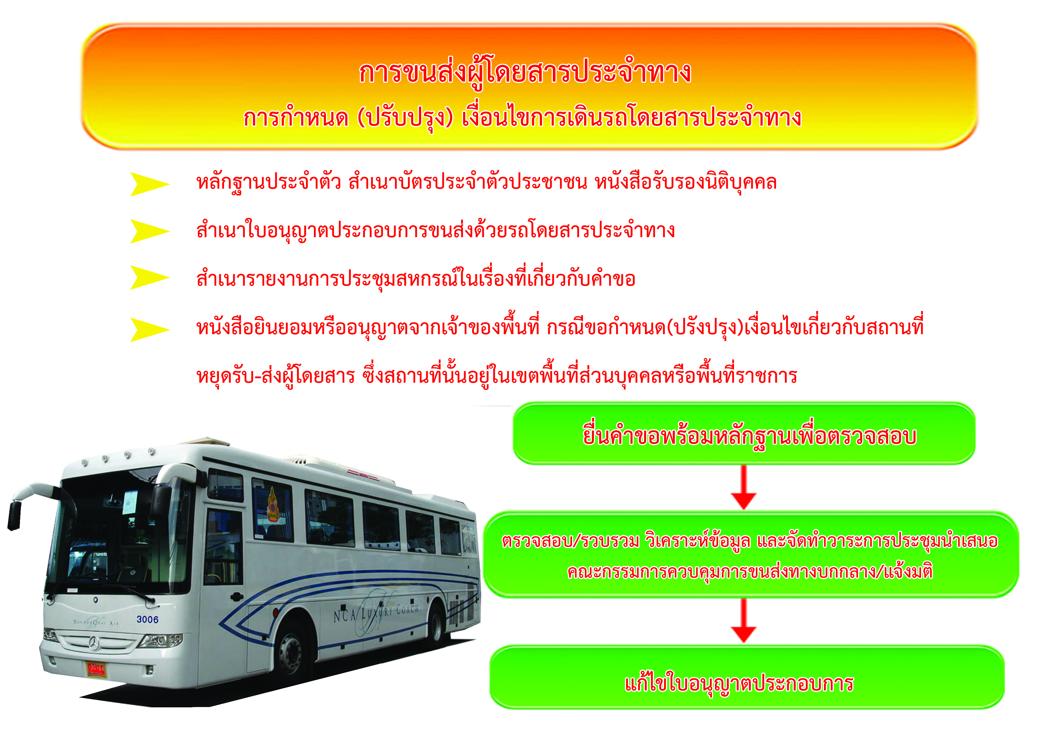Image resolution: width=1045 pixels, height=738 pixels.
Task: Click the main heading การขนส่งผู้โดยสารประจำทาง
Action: coord(525,73)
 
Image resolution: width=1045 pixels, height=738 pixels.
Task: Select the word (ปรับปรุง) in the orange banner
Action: coord(405,118)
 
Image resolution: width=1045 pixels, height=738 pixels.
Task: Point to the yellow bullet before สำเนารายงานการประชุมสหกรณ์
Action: coord(150,277)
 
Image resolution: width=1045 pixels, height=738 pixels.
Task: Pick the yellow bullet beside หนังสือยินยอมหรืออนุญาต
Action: coord(150,329)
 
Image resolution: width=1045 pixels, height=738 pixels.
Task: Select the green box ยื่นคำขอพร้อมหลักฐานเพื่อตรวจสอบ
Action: coord(744,434)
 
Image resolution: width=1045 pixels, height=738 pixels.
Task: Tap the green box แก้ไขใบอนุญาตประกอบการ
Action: coord(747,677)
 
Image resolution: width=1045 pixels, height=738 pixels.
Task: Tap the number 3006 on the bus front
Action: coord(147,619)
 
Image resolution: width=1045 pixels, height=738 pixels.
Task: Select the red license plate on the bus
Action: coord(97,669)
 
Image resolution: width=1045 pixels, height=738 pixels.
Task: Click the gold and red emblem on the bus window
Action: coord(273,504)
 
